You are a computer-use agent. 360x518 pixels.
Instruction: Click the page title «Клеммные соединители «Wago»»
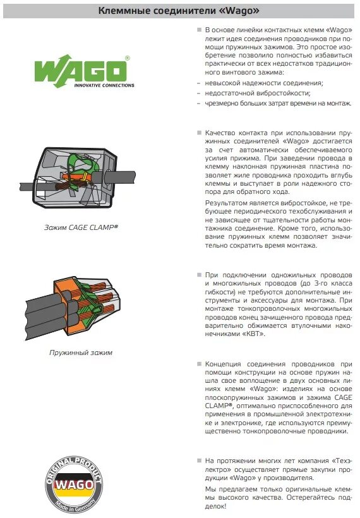pos(179,11)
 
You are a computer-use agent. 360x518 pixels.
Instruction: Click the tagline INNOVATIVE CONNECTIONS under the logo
pos(104,85)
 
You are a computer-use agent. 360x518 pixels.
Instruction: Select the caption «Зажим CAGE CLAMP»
pos(81,227)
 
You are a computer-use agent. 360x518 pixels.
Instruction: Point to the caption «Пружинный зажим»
pos(81,352)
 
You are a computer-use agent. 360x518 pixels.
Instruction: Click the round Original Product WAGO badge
pos(74,485)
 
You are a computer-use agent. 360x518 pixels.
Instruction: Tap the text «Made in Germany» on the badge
pos(75,505)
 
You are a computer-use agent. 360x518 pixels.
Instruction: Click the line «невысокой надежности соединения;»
pos(264,83)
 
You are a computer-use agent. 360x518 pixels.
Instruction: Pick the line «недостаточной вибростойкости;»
pos(258,93)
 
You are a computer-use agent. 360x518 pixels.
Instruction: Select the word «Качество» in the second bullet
pos(220,133)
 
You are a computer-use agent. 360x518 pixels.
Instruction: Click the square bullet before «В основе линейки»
pos(199,30)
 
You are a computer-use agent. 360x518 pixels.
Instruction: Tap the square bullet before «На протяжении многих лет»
pos(199,461)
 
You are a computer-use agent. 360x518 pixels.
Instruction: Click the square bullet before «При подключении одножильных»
pos(199,275)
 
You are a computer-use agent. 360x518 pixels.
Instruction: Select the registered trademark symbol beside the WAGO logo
pos(127,58)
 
